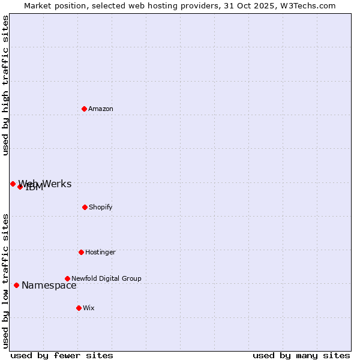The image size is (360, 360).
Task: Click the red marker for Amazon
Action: pos(84,109)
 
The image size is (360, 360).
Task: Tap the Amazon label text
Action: pos(101,109)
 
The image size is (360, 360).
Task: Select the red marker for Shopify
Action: pos(85,207)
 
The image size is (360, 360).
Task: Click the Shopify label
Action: pos(101,208)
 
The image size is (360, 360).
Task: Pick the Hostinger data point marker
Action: pos(81,252)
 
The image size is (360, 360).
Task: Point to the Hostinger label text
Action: pos(100,253)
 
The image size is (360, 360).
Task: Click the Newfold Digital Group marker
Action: pos(67,278)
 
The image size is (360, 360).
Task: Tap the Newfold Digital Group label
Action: pos(106,279)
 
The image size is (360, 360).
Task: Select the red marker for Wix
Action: pos(79,308)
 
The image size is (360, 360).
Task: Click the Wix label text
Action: pos(89,308)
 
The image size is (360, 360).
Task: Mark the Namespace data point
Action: pos(16,285)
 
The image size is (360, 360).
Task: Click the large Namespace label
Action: pos(49,286)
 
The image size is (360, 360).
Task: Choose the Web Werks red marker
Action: pos(13,184)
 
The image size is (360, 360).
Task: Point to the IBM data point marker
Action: pos(20,187)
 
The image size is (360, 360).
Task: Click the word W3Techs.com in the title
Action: pos(310,6)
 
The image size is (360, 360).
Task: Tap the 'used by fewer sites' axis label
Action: pos(62,355)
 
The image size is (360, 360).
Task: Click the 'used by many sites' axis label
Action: pos(301,355)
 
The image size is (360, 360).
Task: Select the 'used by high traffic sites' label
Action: pos(6,85)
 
